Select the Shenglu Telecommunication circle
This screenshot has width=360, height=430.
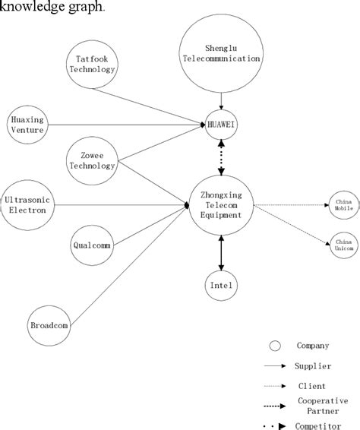click(222, 52)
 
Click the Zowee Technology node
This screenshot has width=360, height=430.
click(92, 161)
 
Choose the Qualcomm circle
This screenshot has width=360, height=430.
click(92, 245)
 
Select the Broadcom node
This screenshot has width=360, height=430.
click(49, 325)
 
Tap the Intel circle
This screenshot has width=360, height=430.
click(222, 286)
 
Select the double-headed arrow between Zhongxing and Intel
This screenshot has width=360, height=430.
click(222, 253)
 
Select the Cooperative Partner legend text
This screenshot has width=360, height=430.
click(324, 404)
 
